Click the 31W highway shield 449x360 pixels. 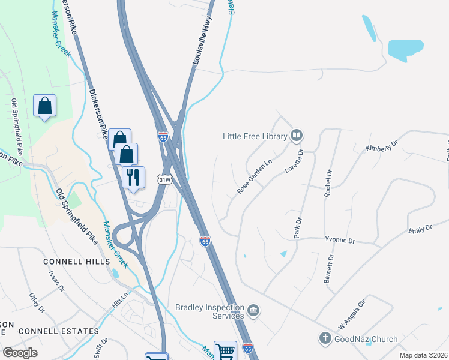(164, 179)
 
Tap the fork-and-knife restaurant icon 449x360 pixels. (134, 177)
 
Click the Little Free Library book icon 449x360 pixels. (296, 136)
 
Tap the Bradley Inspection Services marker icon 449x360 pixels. (254, 311)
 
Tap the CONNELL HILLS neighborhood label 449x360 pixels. (76, 262)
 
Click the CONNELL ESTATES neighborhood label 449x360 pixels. (59, 331)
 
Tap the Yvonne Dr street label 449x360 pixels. (339, 240)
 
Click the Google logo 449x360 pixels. (20, 353)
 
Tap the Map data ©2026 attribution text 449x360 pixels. (423, 355)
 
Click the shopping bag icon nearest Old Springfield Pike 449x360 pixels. (45, 106)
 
